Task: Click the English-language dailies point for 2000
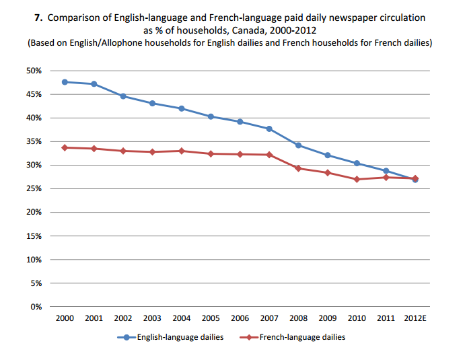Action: pyautogui.click(x=65, y=82)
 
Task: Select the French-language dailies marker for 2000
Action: pyautogui.click(x=65, y=147)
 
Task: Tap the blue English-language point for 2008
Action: pyautogui.click(x=298, y=145)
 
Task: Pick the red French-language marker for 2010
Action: pyautogui.click(x=357, y=179)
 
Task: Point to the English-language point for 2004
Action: pyautogui.click(x=182, y=108)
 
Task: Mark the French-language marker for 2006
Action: pyautogui.click(x=240, y=154)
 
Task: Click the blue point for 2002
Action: pyautogui.click(x=123, y=96)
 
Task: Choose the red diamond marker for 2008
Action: pyautogui.click(x=298, y=168)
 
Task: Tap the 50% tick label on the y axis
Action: pyautogui.click(x=34, y=71)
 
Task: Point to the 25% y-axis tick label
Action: pyautogui.click(x=34, y=189)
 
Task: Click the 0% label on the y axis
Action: pyautogui.click(x=36, y=307)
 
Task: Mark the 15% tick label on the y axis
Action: pyautogui.click(x=34, y=236)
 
